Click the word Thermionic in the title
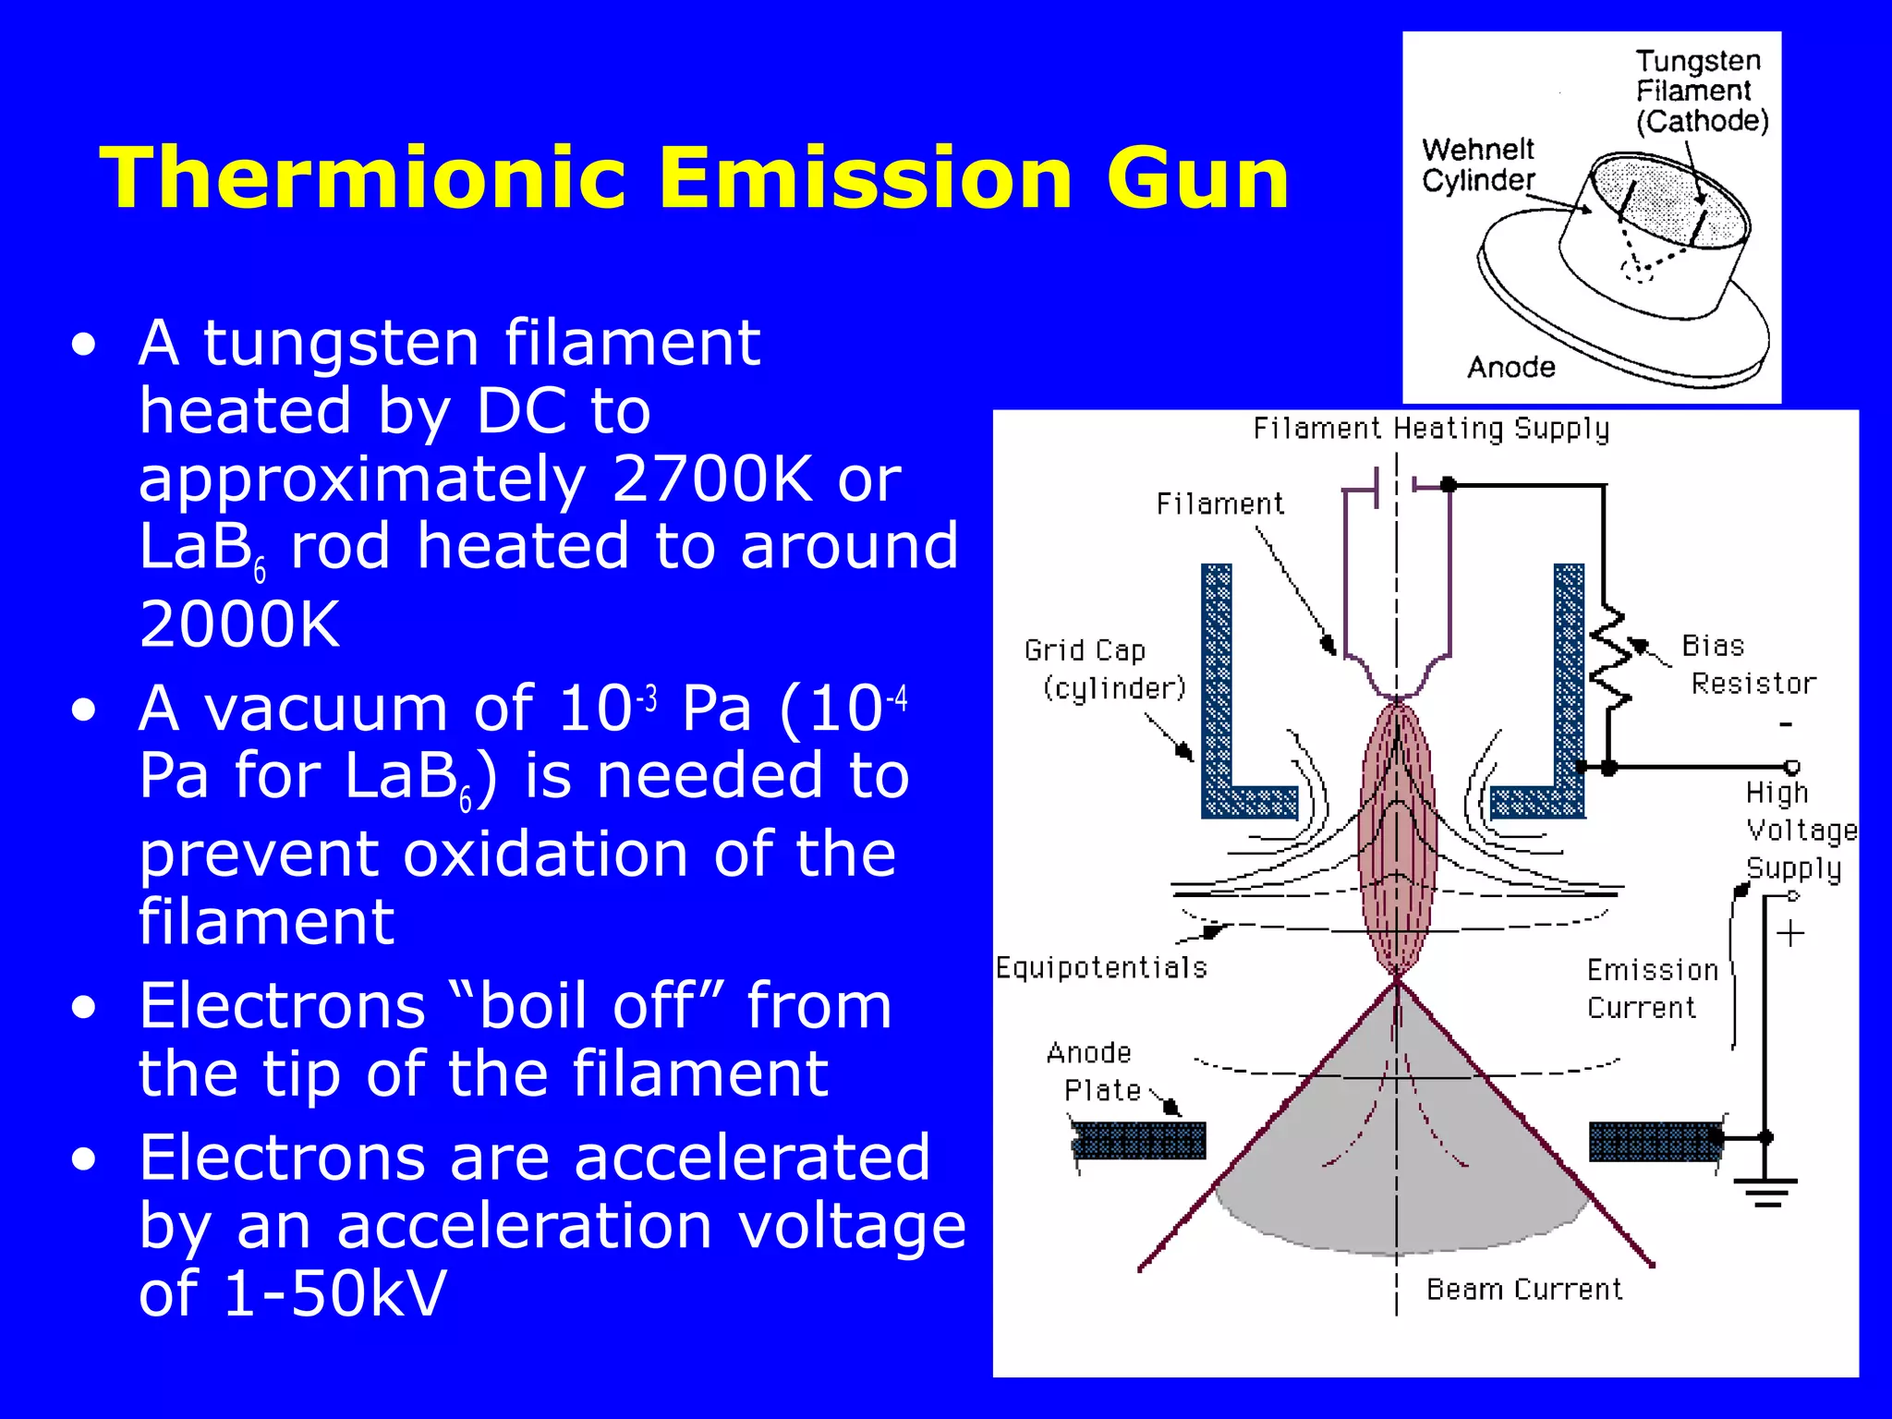point(364,178)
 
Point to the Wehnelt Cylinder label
point(1477,164)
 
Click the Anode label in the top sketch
point(1510,368)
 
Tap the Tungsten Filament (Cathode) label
point(1701,91)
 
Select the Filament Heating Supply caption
point(1430,429)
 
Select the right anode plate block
point(1655,1141)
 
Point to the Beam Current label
point(1523,1289)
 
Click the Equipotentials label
point(1101,967)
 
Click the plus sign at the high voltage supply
point(1789,933)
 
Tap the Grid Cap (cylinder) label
point(1103,669)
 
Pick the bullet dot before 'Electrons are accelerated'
point(84,1159)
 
